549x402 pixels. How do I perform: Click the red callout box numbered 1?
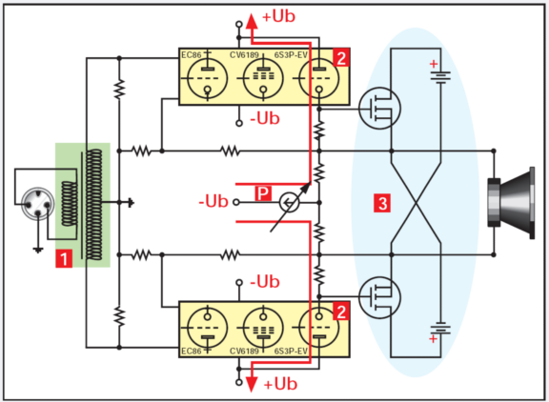point(65,256)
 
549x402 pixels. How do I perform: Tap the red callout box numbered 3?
point(382,203)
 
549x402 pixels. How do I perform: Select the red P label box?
point(264,193)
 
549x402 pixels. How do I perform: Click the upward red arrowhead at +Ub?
point(253,19)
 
